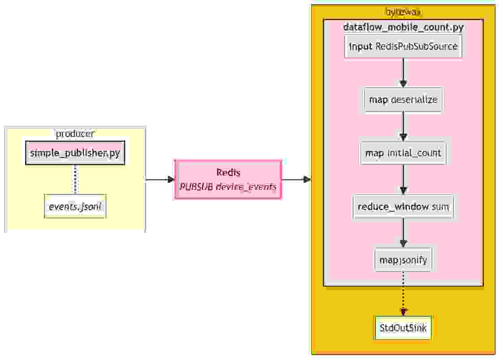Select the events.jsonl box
75,206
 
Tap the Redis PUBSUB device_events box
228,180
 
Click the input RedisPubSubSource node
403,46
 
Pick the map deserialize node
403,99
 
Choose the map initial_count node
403,153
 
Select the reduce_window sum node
403,207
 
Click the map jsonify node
403,260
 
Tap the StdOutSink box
403,328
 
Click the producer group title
75,134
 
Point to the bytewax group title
403,11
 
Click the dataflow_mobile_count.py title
403,27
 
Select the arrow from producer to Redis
159,180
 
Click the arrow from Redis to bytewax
296,180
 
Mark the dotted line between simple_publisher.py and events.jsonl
75,180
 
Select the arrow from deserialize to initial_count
403,126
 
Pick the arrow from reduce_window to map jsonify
403,233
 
